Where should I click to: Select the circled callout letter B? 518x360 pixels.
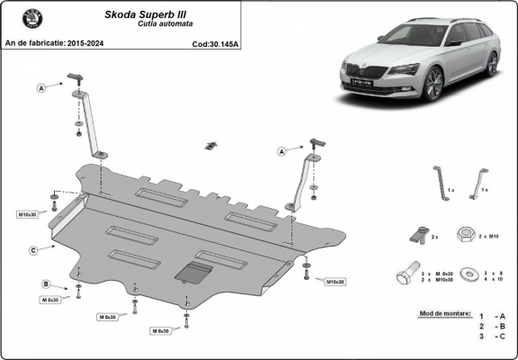pos(46,284)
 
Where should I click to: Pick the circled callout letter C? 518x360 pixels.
pos(32,249)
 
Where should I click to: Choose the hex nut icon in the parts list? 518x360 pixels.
pos(467,236)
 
